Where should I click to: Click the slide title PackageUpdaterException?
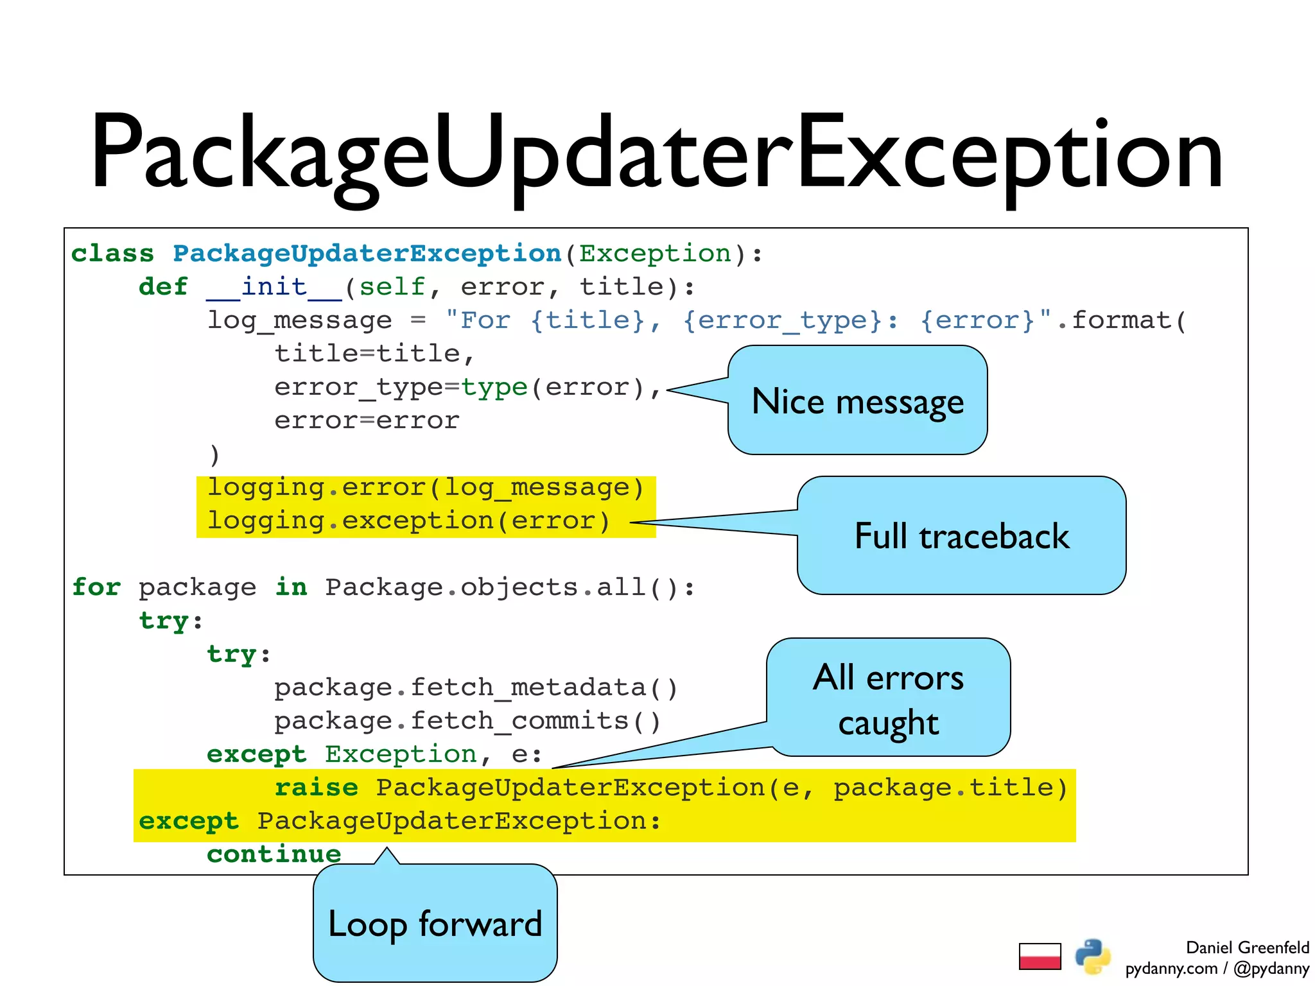pos(656,154)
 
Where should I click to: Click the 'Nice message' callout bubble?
pos(858,401)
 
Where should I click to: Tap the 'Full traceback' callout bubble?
pos(962,536)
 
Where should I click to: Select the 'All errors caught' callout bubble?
pos(889,698)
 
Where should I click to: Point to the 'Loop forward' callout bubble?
pos(435,924)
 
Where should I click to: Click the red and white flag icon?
pos(1040,956)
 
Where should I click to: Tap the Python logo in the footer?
pos(1093,956)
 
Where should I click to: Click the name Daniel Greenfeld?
pos(1247,947)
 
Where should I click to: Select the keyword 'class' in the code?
pos(112,254)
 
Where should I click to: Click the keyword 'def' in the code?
pos(163,287)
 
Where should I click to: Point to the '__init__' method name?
pos(274,287)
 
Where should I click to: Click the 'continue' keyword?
pos(274,854)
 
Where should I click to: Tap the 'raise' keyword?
pos(317,788)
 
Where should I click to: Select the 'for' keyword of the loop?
pos(96,587)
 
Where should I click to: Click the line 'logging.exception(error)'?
pos(408,521)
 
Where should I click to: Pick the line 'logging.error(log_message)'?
pos(425,487)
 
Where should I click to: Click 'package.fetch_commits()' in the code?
pos(467,721)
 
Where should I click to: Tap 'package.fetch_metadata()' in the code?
pos(476,688)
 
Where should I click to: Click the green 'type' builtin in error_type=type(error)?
pos(494,387)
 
